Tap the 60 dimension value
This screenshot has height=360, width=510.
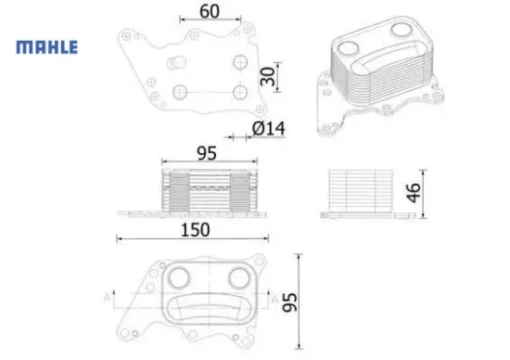point(210,12)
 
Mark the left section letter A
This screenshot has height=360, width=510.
point(108,298)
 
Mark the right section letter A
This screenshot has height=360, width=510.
point(274,298)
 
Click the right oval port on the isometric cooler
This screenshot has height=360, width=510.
point(402,31)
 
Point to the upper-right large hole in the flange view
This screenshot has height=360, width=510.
point(239,63)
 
